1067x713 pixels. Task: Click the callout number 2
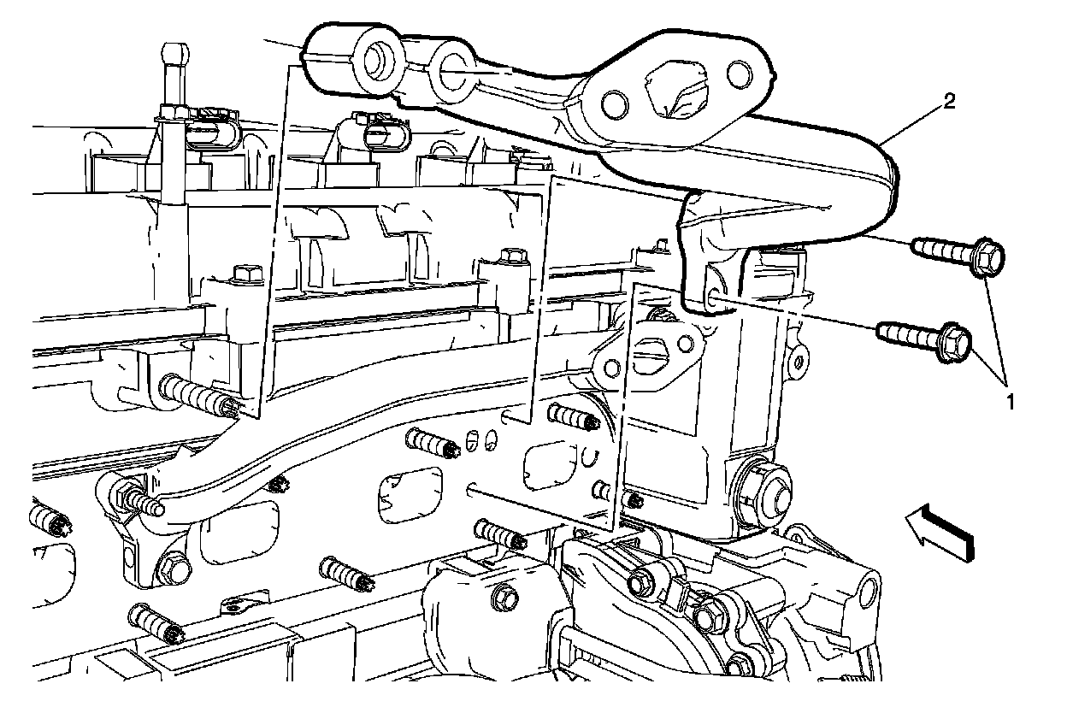tap(949, 103)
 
